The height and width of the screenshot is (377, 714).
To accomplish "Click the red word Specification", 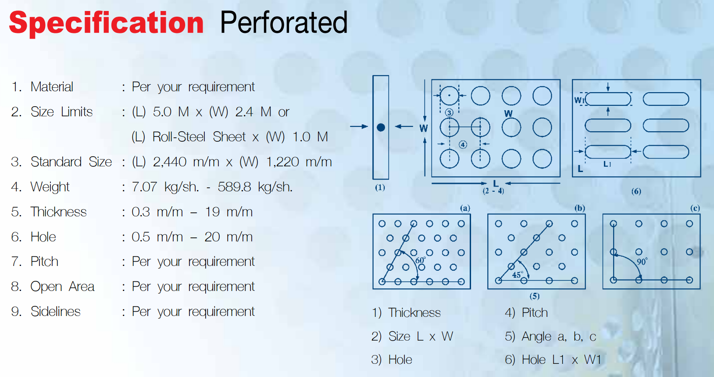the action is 106,23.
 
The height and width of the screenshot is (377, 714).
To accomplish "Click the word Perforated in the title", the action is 284,22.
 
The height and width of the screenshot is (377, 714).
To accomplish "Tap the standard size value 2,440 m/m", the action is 186,162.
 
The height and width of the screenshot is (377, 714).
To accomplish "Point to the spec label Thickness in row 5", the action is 58,212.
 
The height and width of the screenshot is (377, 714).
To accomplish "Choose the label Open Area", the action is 62,287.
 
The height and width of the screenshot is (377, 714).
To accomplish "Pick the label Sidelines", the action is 55,311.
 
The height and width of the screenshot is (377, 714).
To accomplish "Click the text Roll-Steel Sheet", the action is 199,137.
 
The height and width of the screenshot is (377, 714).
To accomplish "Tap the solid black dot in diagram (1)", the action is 381,127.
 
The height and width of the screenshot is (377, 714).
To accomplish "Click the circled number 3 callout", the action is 449,113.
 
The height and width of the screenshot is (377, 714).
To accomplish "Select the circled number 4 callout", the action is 463,145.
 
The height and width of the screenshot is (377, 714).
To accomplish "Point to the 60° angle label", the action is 421,260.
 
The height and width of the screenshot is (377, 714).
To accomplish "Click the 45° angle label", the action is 518,274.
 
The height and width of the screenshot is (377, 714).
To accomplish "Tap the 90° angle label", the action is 642,262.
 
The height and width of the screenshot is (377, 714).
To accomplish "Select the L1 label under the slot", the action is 607,164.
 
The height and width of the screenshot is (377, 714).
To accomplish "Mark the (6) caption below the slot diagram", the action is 636,191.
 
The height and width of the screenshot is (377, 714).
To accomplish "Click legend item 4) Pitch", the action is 526,312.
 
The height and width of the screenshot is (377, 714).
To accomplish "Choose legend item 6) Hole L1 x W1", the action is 553,360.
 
